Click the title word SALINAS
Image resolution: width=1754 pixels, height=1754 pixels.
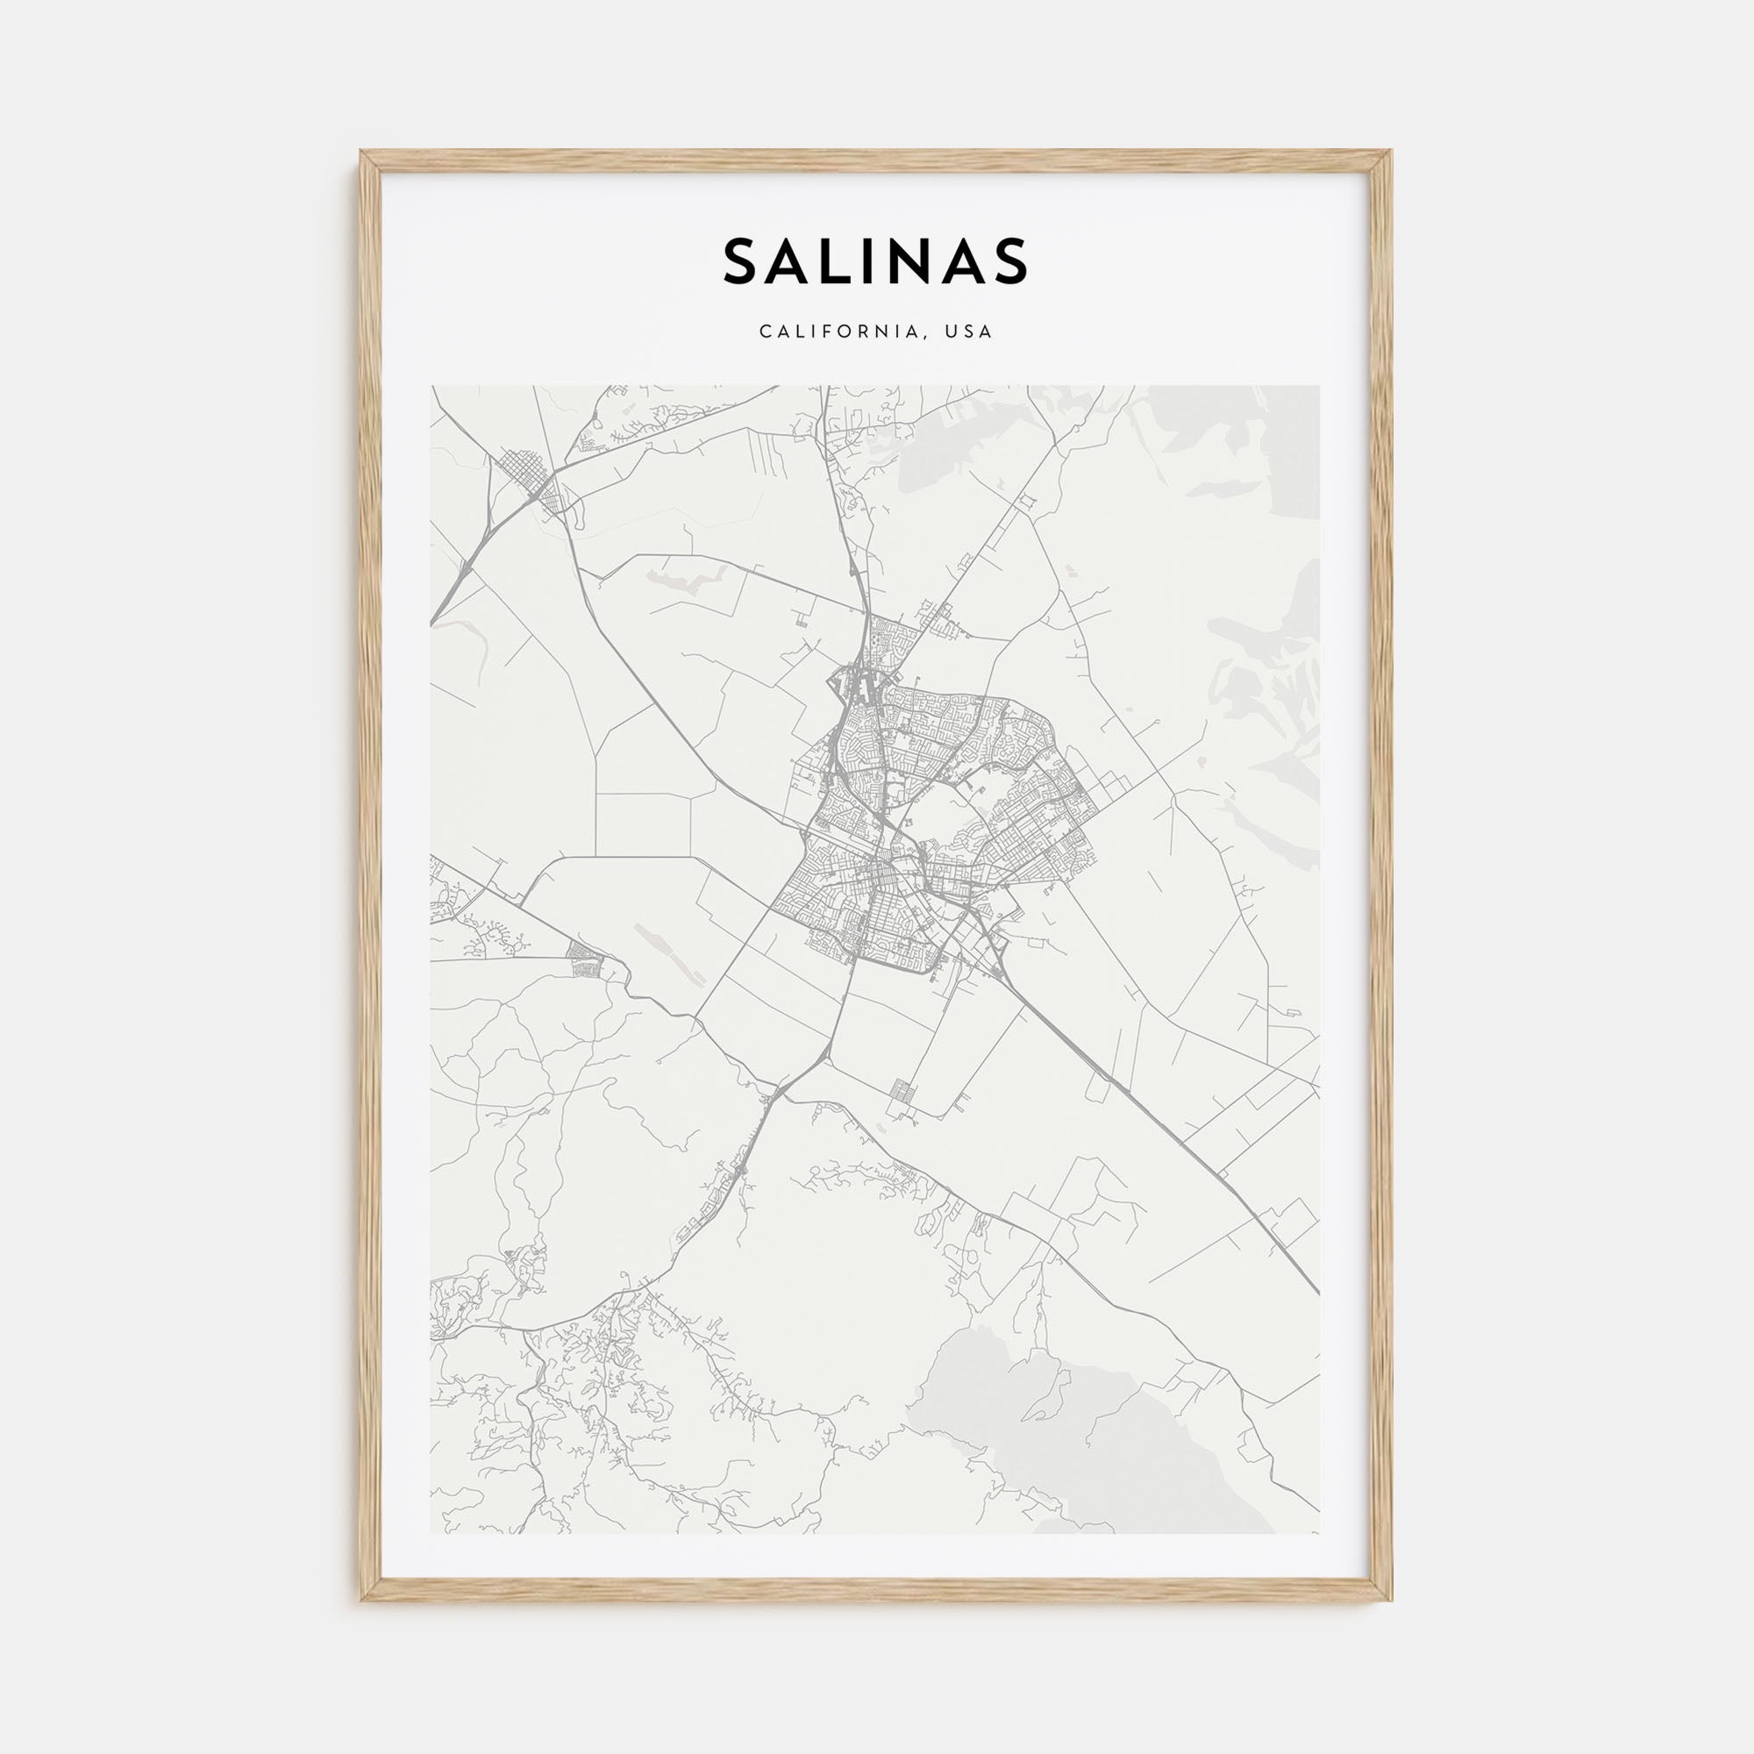coord(876,261)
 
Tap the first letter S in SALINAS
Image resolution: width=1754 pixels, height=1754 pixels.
coord(743,261)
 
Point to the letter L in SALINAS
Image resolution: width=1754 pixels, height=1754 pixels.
coord(848,261)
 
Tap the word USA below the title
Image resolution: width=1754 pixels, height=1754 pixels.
coord(969,332)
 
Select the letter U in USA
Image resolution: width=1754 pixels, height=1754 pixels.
coord(951,332)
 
